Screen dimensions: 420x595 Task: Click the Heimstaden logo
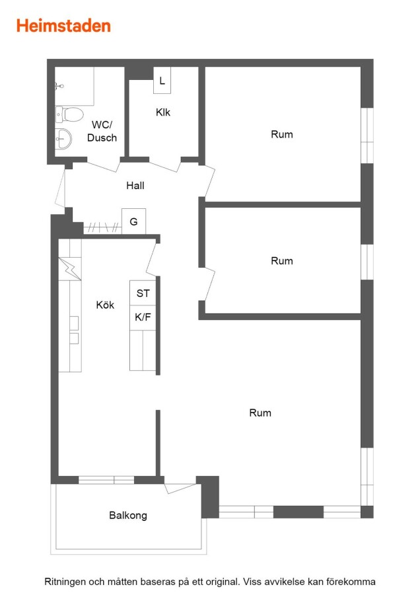click(x=63, y=26)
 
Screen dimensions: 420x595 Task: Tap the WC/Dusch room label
click(x=102, y=132)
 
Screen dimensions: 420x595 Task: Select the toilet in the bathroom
click(x=69, y=114)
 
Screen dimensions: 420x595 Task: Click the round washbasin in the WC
click(x=63, y=139)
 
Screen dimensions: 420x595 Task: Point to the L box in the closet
click(x=162, y=81)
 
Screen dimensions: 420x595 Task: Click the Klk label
click(x=163, y=112)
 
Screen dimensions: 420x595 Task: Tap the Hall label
click(x=135, y=186)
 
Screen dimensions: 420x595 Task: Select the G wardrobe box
click(x=133, y=221)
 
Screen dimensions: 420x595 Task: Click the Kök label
click(x=105, y=305)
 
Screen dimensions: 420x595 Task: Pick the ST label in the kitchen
click(x=143, y=294)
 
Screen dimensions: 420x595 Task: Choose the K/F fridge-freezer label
click(x=143, y=317)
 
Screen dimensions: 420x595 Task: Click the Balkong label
click(x=128, y=515)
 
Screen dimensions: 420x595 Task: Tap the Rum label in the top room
click(x=281, y=134)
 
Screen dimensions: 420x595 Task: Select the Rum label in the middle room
click(x=281, y=261)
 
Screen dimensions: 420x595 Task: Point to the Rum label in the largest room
click(x=260, y=413)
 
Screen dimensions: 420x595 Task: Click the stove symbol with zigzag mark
click(x=70, y=268)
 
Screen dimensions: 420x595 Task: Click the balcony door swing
click(x=180, y=488)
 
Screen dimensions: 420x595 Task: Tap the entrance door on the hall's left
click(x=60, y=188)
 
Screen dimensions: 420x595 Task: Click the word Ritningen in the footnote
click(x=64, y=582)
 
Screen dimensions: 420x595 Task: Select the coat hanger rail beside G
click(x=102, y=227)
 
